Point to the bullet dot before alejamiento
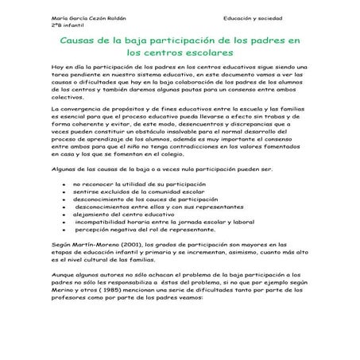pos(63,236)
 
